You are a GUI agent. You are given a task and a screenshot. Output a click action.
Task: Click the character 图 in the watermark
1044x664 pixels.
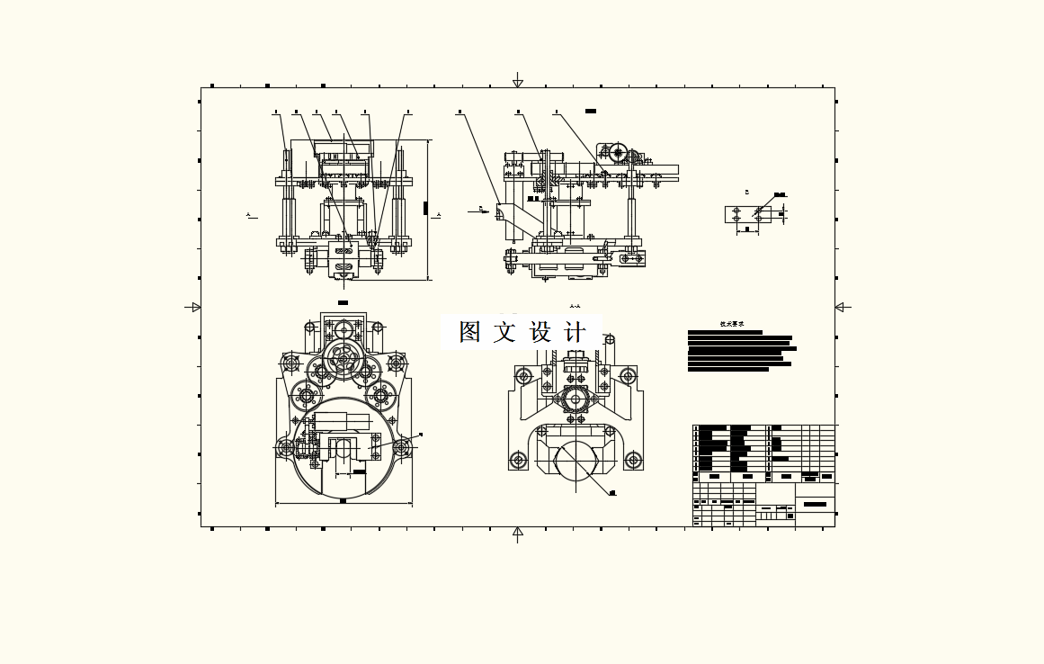(x=470, y=332)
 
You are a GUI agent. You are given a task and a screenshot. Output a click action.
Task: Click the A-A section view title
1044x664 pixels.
(x=576, y=306)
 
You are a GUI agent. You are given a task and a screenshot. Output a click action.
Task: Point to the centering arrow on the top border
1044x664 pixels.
(x=518, y=82)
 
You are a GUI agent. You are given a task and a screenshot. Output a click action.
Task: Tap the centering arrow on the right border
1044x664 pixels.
(x=842, y=307)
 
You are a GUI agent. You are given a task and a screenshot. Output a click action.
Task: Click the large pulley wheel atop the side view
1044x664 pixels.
(x=620, y=153)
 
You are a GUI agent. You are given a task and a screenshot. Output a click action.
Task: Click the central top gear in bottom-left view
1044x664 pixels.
(x=343, y=357)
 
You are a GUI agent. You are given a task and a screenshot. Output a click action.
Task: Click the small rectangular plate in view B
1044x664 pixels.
(x=747, y=214)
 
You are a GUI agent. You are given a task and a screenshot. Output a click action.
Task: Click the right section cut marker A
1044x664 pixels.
(x=438, y=215)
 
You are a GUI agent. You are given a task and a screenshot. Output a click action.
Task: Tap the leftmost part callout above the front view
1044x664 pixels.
(x=276, y=113)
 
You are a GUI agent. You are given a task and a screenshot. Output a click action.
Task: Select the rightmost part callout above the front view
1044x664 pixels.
(x=408, y=113)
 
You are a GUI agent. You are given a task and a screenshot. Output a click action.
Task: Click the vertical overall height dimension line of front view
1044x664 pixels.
(x=428, y=210)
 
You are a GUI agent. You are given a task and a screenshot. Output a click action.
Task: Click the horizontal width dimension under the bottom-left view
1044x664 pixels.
(x=343, y=502)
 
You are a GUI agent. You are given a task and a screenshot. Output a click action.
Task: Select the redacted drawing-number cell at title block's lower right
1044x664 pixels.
(x=815, y=504)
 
